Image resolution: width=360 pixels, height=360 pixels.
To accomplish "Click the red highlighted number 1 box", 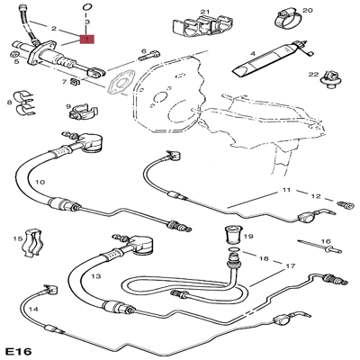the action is [x=86, y=40].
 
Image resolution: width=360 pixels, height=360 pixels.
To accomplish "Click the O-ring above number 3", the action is [x=86, y=7].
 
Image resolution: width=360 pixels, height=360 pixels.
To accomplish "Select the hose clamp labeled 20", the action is [x=287, y=20].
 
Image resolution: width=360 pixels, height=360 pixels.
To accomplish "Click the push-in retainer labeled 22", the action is [x=329, y=79].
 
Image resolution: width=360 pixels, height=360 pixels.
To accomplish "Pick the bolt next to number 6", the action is [x=148, y=56].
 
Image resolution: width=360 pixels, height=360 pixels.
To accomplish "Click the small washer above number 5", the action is [x=13, y=55].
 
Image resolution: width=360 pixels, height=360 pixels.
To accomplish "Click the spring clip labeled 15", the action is [x=31, y=243].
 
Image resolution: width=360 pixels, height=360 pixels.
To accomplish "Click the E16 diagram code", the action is [x=18, y=351].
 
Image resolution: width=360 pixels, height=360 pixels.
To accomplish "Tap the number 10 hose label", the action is [x=40, y=182].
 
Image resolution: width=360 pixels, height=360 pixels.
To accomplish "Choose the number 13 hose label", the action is [x=96, y=276].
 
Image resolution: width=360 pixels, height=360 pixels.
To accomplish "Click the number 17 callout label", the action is [x=290, y=265].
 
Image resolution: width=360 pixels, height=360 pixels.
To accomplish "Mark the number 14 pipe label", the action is [x=33, y=309].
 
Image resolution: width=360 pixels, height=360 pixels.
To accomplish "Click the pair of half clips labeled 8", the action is [x=26, y=102].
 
